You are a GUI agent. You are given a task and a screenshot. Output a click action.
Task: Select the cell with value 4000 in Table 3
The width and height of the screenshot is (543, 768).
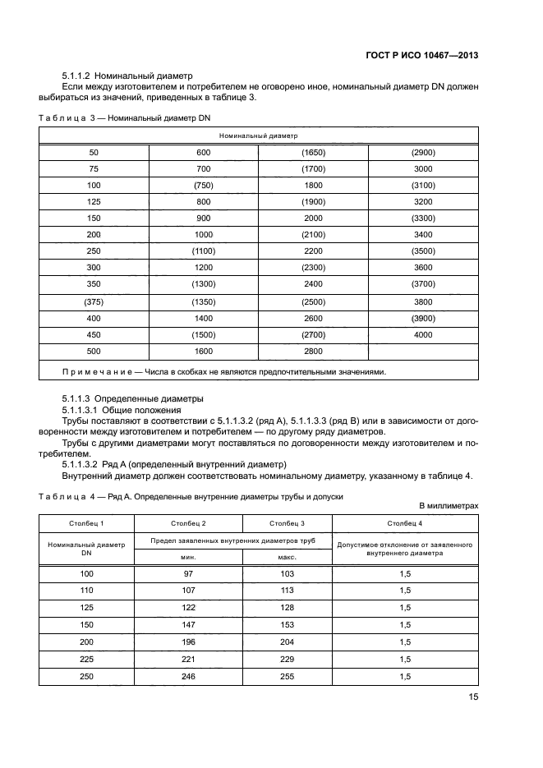point(422,334)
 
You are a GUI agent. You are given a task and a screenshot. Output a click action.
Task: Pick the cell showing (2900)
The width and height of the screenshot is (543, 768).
point(422,152)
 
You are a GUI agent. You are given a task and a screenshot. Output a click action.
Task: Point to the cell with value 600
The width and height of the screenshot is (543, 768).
point(204,152)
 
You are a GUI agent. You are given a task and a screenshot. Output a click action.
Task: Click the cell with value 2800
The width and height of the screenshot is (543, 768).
point(313,351)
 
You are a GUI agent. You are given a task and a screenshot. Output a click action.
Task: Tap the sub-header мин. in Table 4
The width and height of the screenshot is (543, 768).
point(188,557)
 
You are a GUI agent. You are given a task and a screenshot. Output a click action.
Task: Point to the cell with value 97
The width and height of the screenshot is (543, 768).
point(188,573)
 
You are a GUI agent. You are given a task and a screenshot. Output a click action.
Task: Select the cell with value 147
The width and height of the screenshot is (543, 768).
point(188,624)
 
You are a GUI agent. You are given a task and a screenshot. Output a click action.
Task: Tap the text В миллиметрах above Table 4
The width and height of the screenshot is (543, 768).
point(449,506)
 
